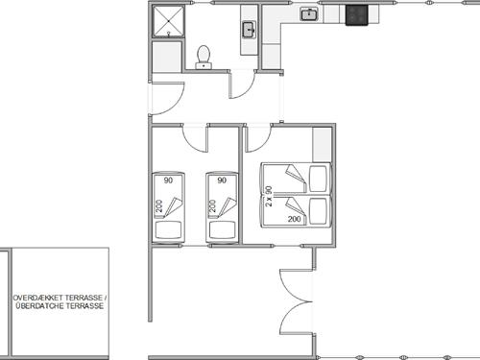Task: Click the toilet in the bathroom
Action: click(x=204, y=58)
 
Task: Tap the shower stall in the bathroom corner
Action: click(x=168, y=21)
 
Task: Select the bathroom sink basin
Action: click(x=249, y=30)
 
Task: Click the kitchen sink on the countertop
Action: click(x=309, y=14)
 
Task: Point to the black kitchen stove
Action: click(x=357, y=15)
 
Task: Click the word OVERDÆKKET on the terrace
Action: click(x=37, y=298)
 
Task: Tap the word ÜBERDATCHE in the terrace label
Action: click(x=39, y=306)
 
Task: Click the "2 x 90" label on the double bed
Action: click(x=269, y=196)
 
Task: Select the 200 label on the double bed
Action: click(x=294, y=219)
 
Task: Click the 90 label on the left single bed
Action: click(x=168, y=180)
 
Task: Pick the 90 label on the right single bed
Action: click(x=222, y=180)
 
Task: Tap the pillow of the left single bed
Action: click(x=168, y=229)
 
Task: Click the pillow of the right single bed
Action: click(x=222, y=229)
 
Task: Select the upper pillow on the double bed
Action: click(x=318, y=179)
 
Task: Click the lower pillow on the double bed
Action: click(x=318, y=211)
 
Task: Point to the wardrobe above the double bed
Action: click(x=322, y=144)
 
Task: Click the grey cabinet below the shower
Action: click(x=167, y=57)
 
